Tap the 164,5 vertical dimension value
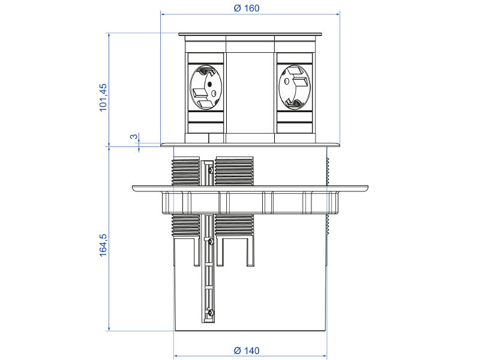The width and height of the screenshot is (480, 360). pyautogui.click(x=103, y=245)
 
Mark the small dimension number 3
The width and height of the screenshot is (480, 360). pyautogui.click(x=133, y=137)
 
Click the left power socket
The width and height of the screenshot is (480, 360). pyautogui.click(x=206, y=88)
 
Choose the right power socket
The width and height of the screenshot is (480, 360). pyautogui.click(x=294, y=88)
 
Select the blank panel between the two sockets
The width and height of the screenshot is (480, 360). pyautogui.click(x=250, y=90)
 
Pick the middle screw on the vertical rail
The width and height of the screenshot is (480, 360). pyautogui.click(x=209, y=241)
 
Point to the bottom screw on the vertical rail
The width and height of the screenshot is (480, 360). pyautogui.click(x=209, y=313)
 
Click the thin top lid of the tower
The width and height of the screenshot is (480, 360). pyautogui.click(x=250, y=35)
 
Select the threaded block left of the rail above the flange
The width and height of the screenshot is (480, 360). pyautogui.click(x=185, y=171)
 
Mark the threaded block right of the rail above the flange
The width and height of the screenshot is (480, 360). pyautogui.click(x=235, y=171)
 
